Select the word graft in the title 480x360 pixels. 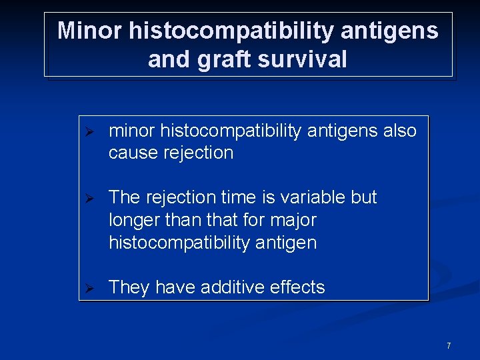coord(210,59)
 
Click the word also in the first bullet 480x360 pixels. coord(400,130)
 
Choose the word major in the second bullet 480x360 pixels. coord(291,220)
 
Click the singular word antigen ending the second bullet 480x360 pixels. coord(286,243)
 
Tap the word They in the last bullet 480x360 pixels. coord(129,287)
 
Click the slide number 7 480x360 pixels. coord(449,345)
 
